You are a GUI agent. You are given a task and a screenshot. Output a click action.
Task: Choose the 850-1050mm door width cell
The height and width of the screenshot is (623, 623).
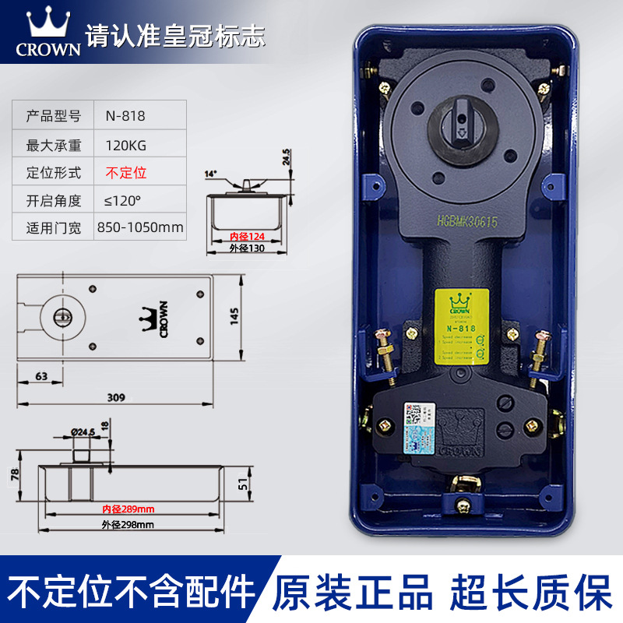[x=140, y=228]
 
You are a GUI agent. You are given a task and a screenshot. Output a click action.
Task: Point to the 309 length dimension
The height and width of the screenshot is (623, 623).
[x=115, y=397]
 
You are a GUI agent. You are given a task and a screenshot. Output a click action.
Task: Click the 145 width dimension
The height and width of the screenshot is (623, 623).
[x=233, y=315]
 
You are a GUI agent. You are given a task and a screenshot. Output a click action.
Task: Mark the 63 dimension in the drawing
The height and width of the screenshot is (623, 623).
[x=41, y=376]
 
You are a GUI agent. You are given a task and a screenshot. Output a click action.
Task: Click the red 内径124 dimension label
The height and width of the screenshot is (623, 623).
[x=246, y=236]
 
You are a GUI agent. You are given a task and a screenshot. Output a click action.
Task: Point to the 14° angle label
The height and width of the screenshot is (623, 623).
[x=210, y=174]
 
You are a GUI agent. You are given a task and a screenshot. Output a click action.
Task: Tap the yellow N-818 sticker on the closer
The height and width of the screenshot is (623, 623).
[x=461, y=326]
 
